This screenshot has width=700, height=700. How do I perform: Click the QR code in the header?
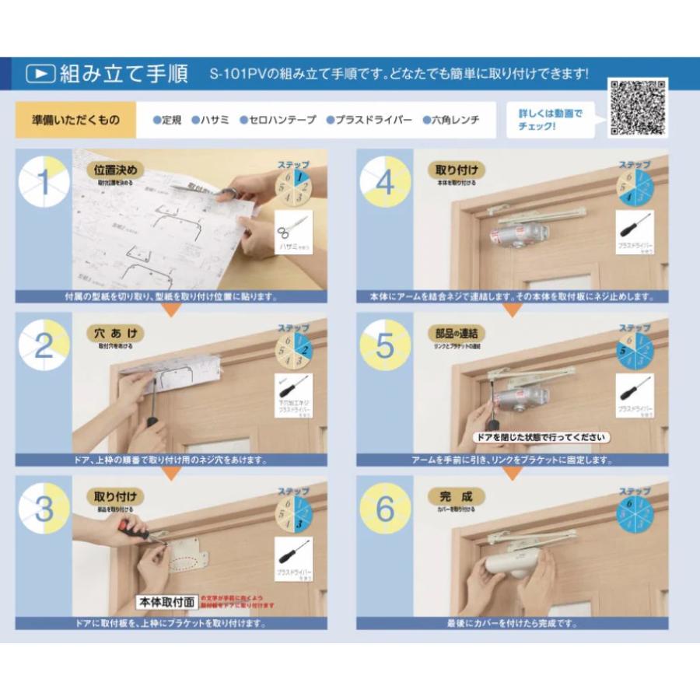(x=638, y=107)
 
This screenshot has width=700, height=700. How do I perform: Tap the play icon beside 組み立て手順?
(x=40, y=74)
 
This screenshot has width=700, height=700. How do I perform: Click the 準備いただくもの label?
(x=75, y=121)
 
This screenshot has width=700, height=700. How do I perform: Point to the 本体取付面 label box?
(x=166, y=602)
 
